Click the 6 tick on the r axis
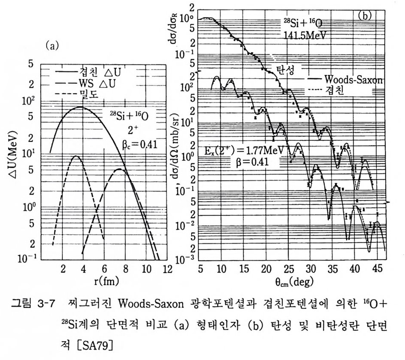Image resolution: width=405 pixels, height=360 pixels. point(104,270)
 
